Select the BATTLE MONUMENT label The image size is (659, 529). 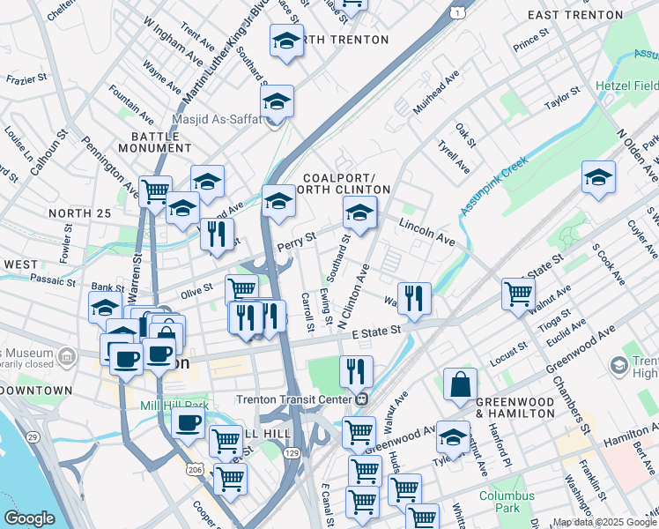[160, 144]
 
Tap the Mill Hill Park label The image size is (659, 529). [174, 406]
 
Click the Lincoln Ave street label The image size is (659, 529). [426, 232]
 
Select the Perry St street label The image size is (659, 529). [296, 241]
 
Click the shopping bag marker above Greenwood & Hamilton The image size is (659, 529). [460, 384]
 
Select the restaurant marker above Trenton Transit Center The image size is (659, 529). [356, 371]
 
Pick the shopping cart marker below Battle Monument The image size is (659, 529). [156, 190]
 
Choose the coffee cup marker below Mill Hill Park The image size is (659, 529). [188, 422]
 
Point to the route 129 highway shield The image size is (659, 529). [290, 452]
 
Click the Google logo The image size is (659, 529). [30, 518]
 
